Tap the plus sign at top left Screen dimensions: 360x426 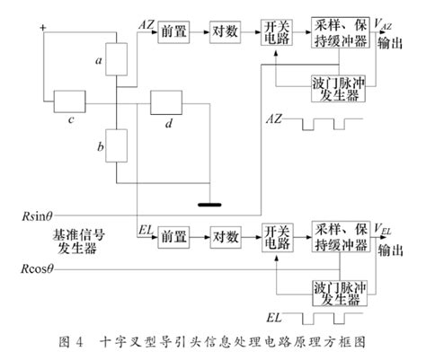(41, 28)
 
